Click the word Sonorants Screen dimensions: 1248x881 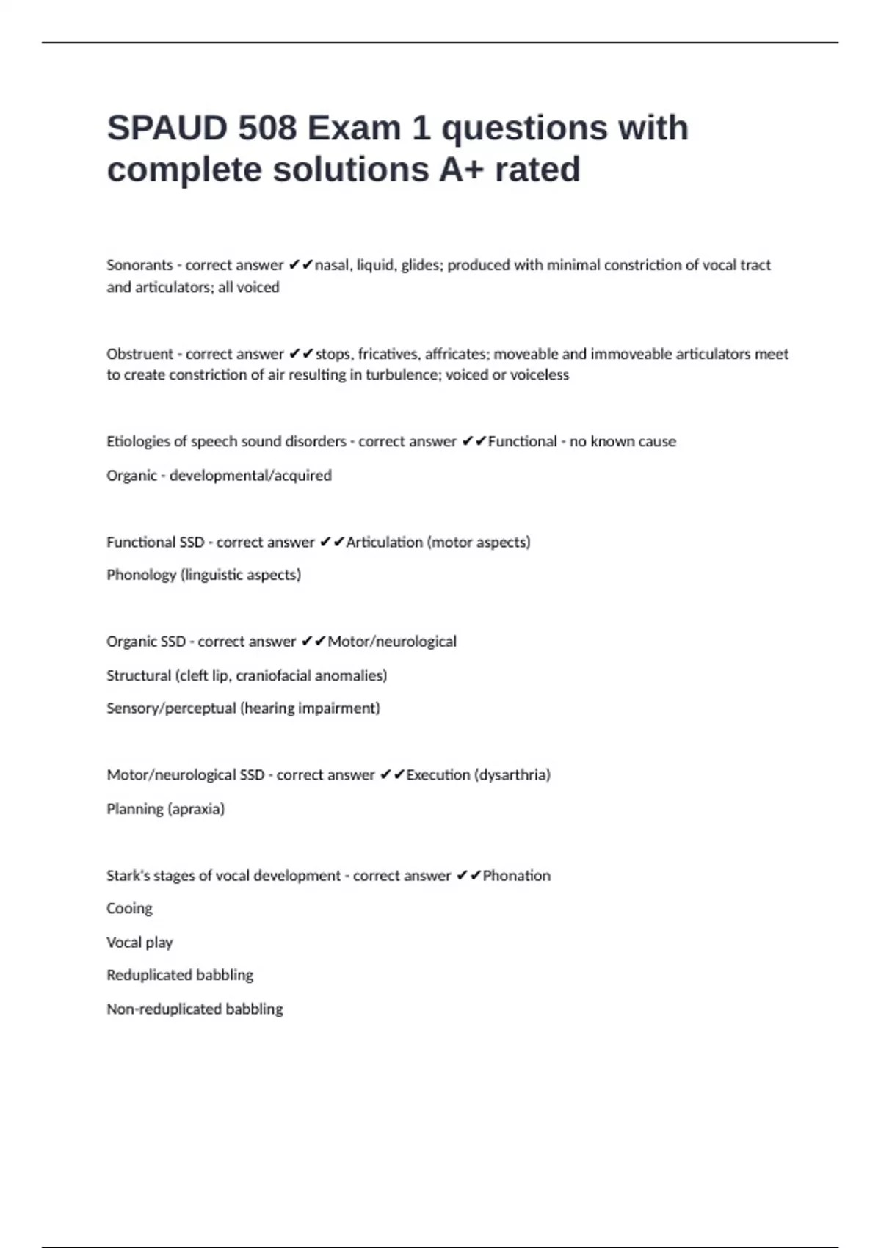[x=139, y=265]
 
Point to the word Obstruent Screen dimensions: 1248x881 [x=139, y=354]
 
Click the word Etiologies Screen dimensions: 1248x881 [x=139, y=442]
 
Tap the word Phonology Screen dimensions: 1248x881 [x=141, y=575]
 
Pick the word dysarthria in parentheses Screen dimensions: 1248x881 [x=513, y=775]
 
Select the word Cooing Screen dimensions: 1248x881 [x=129, y=909]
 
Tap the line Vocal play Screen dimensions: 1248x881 [x=139, y=943]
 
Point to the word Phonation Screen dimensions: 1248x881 [x=517, y=876]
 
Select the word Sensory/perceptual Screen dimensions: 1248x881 [x=171, y=708]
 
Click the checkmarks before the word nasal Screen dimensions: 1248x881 [x=301, y=265]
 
